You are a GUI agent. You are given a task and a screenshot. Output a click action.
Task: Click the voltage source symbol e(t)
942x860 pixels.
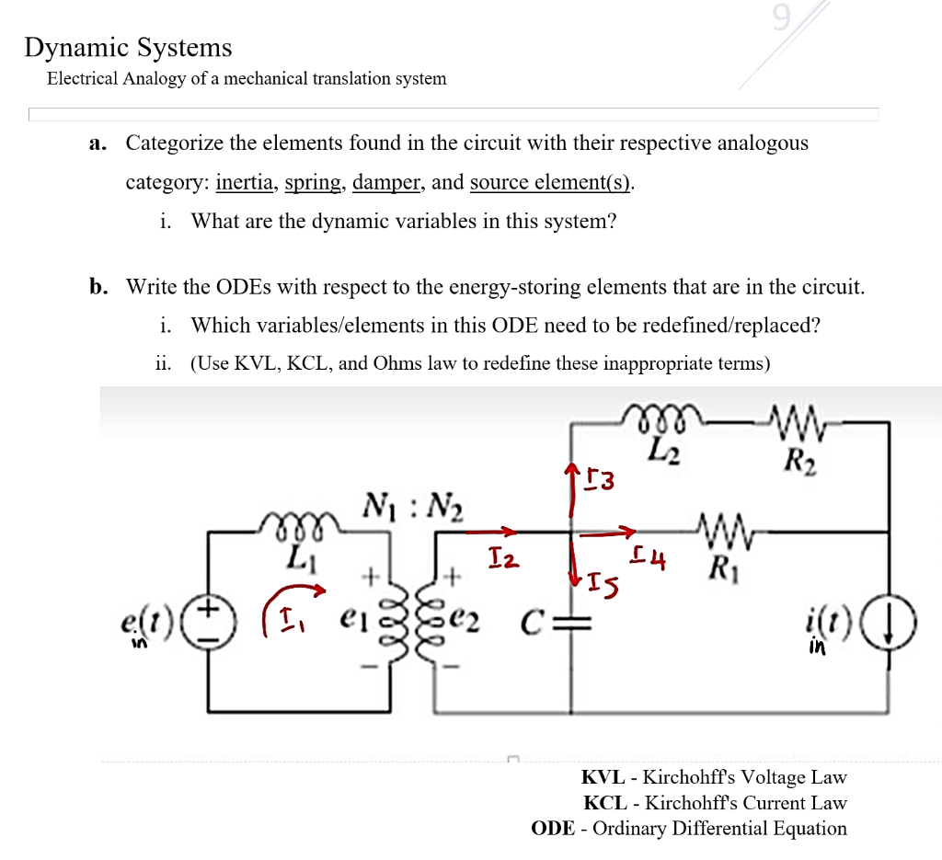pos(207,615)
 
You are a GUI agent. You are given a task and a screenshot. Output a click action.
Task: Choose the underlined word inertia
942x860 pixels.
pos(247,182)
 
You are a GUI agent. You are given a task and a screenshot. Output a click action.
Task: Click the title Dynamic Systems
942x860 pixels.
pos(128,47)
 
